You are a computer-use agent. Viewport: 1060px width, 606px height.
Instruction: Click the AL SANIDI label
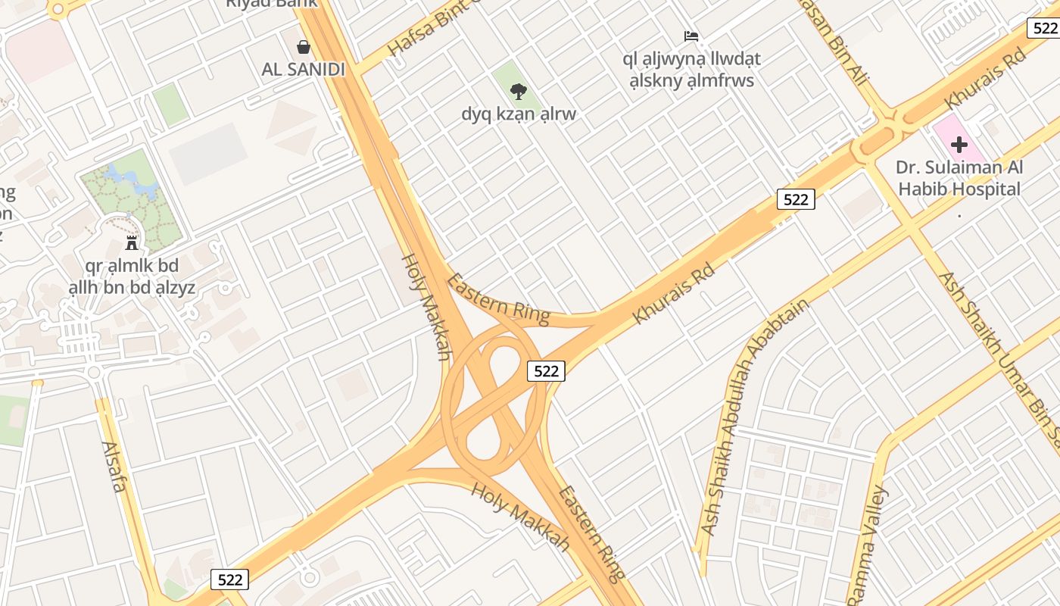pyautogui.click(x=303, y=70)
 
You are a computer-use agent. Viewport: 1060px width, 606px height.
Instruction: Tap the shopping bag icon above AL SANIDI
pyautogui.click(x=304, y=47)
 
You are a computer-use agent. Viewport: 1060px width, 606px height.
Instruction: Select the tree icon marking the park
pyautogui.click(x=519, y=92)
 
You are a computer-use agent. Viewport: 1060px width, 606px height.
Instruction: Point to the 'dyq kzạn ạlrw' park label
pyautogui.click(x=519, y=114)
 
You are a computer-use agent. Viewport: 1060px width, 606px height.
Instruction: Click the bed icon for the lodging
pyautogui.click(x=691, y=36)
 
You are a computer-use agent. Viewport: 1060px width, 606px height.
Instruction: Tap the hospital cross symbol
pyautogui.click(x=959, y=144)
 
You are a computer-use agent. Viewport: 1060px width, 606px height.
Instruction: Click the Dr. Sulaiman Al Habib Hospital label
pyautogui.click(x=959, y=179)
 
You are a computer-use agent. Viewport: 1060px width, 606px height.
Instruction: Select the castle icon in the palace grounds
pyautogui.click(x=132, y=242)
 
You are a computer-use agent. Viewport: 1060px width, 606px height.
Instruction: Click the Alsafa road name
pyautogui.click(x=114, y=467)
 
